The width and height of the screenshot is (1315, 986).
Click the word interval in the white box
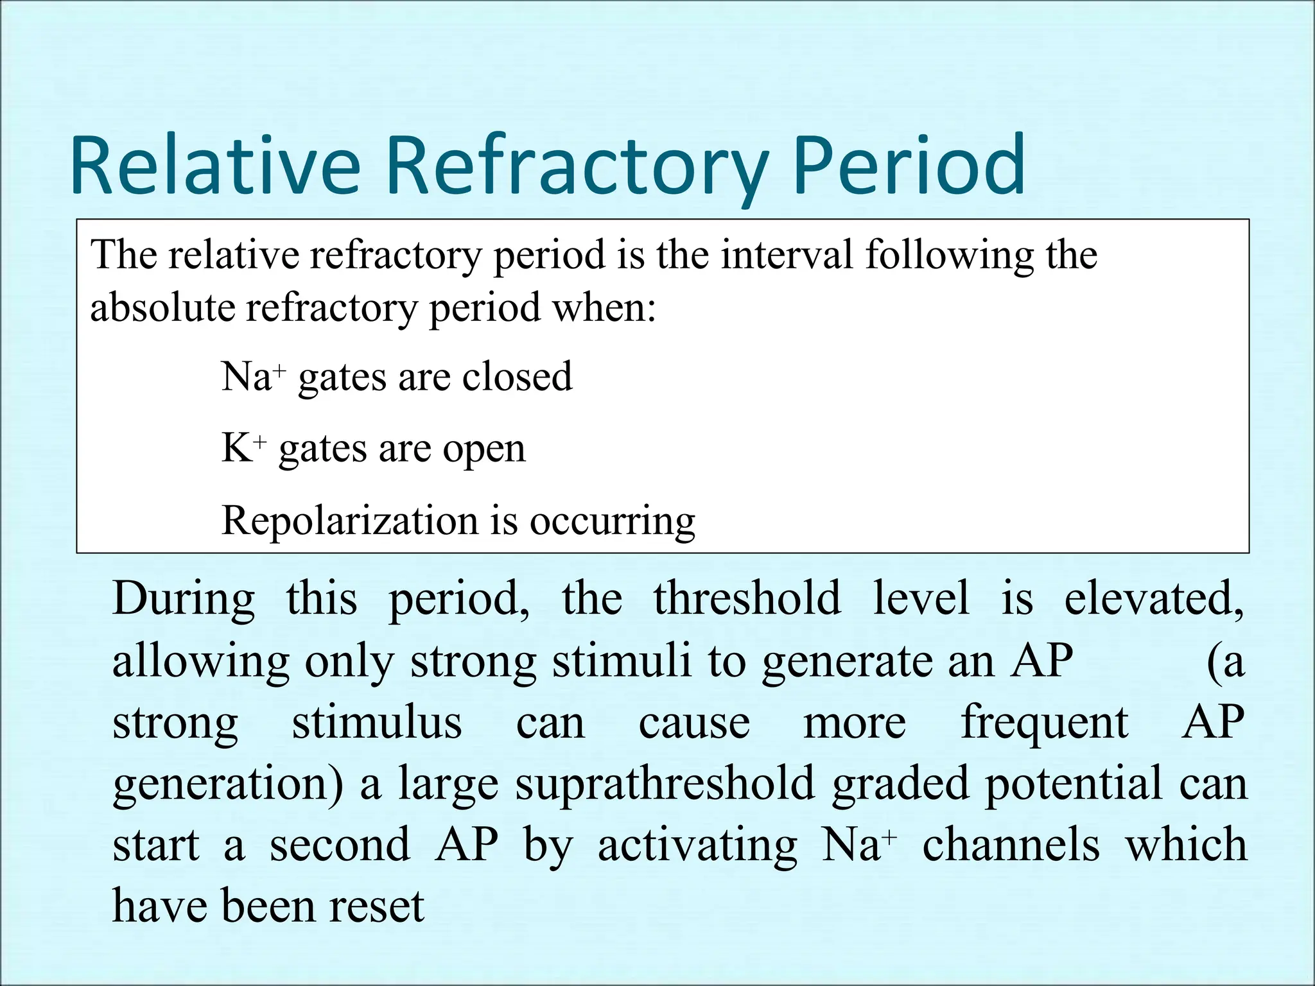pos(787,255)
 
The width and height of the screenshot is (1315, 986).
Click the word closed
pos(517,377)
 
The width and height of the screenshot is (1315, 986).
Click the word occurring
pos(612,521)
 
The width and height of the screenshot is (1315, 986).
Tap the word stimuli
pos(622,661)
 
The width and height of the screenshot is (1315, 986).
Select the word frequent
pos(1044,723)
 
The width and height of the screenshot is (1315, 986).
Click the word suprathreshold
pos(665,784)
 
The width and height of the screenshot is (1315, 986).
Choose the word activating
pos(697,846)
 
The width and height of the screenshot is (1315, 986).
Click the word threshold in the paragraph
pos(747,598)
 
